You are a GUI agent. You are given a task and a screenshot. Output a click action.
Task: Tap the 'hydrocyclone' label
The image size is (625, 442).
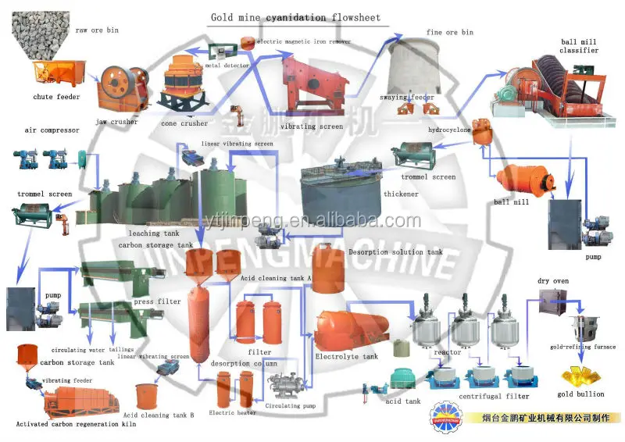click(x=449, y=130)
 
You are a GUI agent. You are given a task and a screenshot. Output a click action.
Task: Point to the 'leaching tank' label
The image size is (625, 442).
click(x=155, y=233)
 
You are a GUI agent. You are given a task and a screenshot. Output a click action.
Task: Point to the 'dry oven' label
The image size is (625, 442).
click(x=552, y=281)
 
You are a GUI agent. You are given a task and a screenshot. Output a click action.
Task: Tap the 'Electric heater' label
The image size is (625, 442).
click(x=232, y=412)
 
